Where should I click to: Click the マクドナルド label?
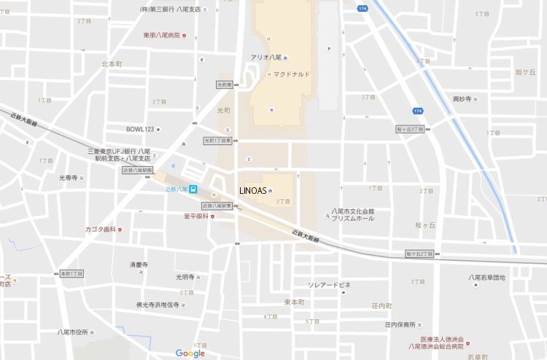click(x=292, y=74)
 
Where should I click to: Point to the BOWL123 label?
click(x=140, y=129)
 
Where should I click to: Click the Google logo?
click(x=190, y=353)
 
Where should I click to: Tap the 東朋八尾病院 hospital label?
click(x=161, y=35)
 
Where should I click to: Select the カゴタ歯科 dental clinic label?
click(x=100, y=230)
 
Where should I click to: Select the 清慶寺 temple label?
click(x=139, y=264)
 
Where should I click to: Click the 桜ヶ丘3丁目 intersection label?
click(x=410, y=129)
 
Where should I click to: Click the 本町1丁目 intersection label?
click(x=71, y=273)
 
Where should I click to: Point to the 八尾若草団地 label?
click(x=486, y=277)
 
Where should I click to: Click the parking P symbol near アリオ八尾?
click(x=330, y=50)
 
